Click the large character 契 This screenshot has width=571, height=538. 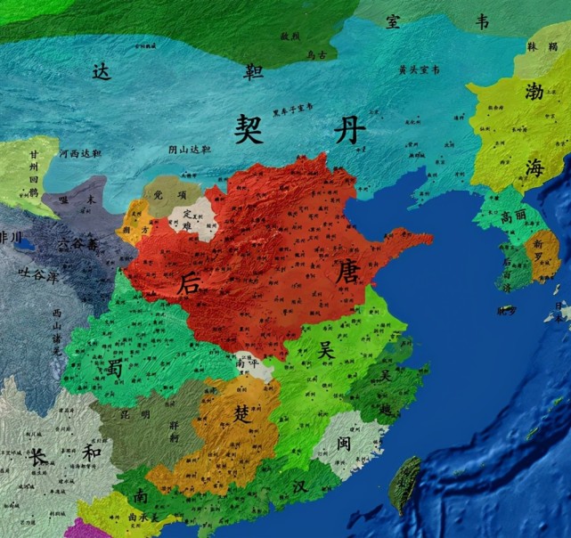(252, 130)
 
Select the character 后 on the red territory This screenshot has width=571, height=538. (190, 284)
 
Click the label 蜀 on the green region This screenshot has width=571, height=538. (113, 369)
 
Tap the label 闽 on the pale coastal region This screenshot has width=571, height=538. (345, 443)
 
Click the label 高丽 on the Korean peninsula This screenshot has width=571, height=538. (512, 216)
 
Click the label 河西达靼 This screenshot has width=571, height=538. (80, 153)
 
